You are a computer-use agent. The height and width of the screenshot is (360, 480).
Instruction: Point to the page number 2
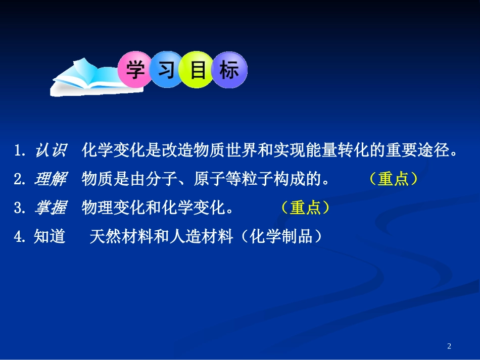[450, 346]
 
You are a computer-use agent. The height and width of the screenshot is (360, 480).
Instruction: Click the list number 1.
[19, 150]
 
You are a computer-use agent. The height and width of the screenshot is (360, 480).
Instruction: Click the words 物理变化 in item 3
[113, 208]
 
